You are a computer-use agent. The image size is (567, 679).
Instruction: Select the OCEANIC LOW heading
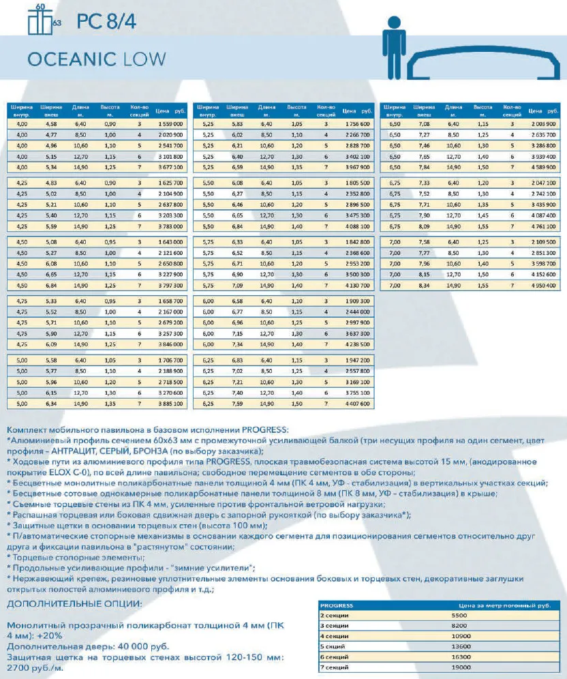pyautogui.click(x=96, y=58)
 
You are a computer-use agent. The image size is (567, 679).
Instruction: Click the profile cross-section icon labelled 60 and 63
pyautogui.click(x=43, y=18)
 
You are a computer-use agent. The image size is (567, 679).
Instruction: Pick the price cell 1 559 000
pyautogui.click(x=170, y=125)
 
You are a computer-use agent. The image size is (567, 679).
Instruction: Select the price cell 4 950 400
pyautogui.click(x=547, y=286)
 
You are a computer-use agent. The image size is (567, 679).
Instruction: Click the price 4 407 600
pyautogui.click(x=358, y=404)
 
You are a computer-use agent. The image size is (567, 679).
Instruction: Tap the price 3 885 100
pyautogui.click(x=170, y=404)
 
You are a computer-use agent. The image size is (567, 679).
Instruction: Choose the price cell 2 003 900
pyautogui.click(x=547, y=125)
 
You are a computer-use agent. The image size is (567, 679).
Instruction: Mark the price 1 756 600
pyautogui.click(x=358, y=125)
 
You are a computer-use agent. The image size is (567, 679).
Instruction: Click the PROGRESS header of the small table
pyautogui.click(x=337, y=605)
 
